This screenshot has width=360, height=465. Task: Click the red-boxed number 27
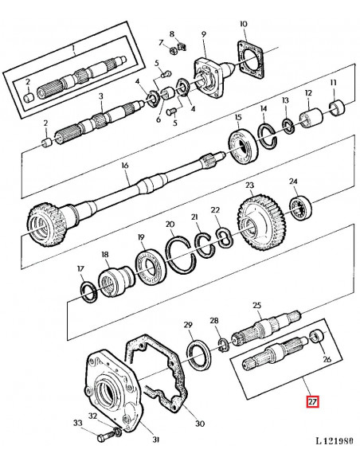[x=313, y=402]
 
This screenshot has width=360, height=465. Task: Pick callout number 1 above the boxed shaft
[x=73, y=48]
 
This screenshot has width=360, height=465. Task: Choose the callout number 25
[x=256, y=306]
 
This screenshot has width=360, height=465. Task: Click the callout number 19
[x=140, y=237]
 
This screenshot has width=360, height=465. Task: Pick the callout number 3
[x=101, y=96]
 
